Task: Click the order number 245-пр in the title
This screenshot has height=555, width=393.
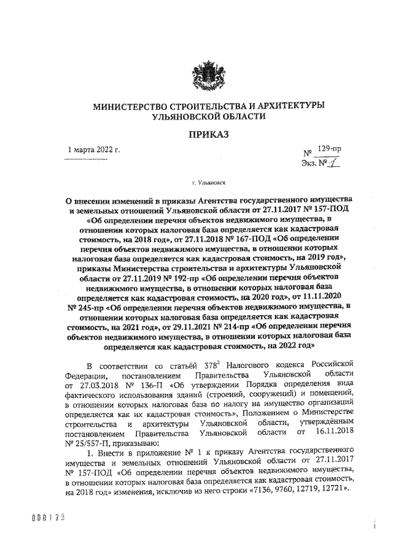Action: point(88,307)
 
